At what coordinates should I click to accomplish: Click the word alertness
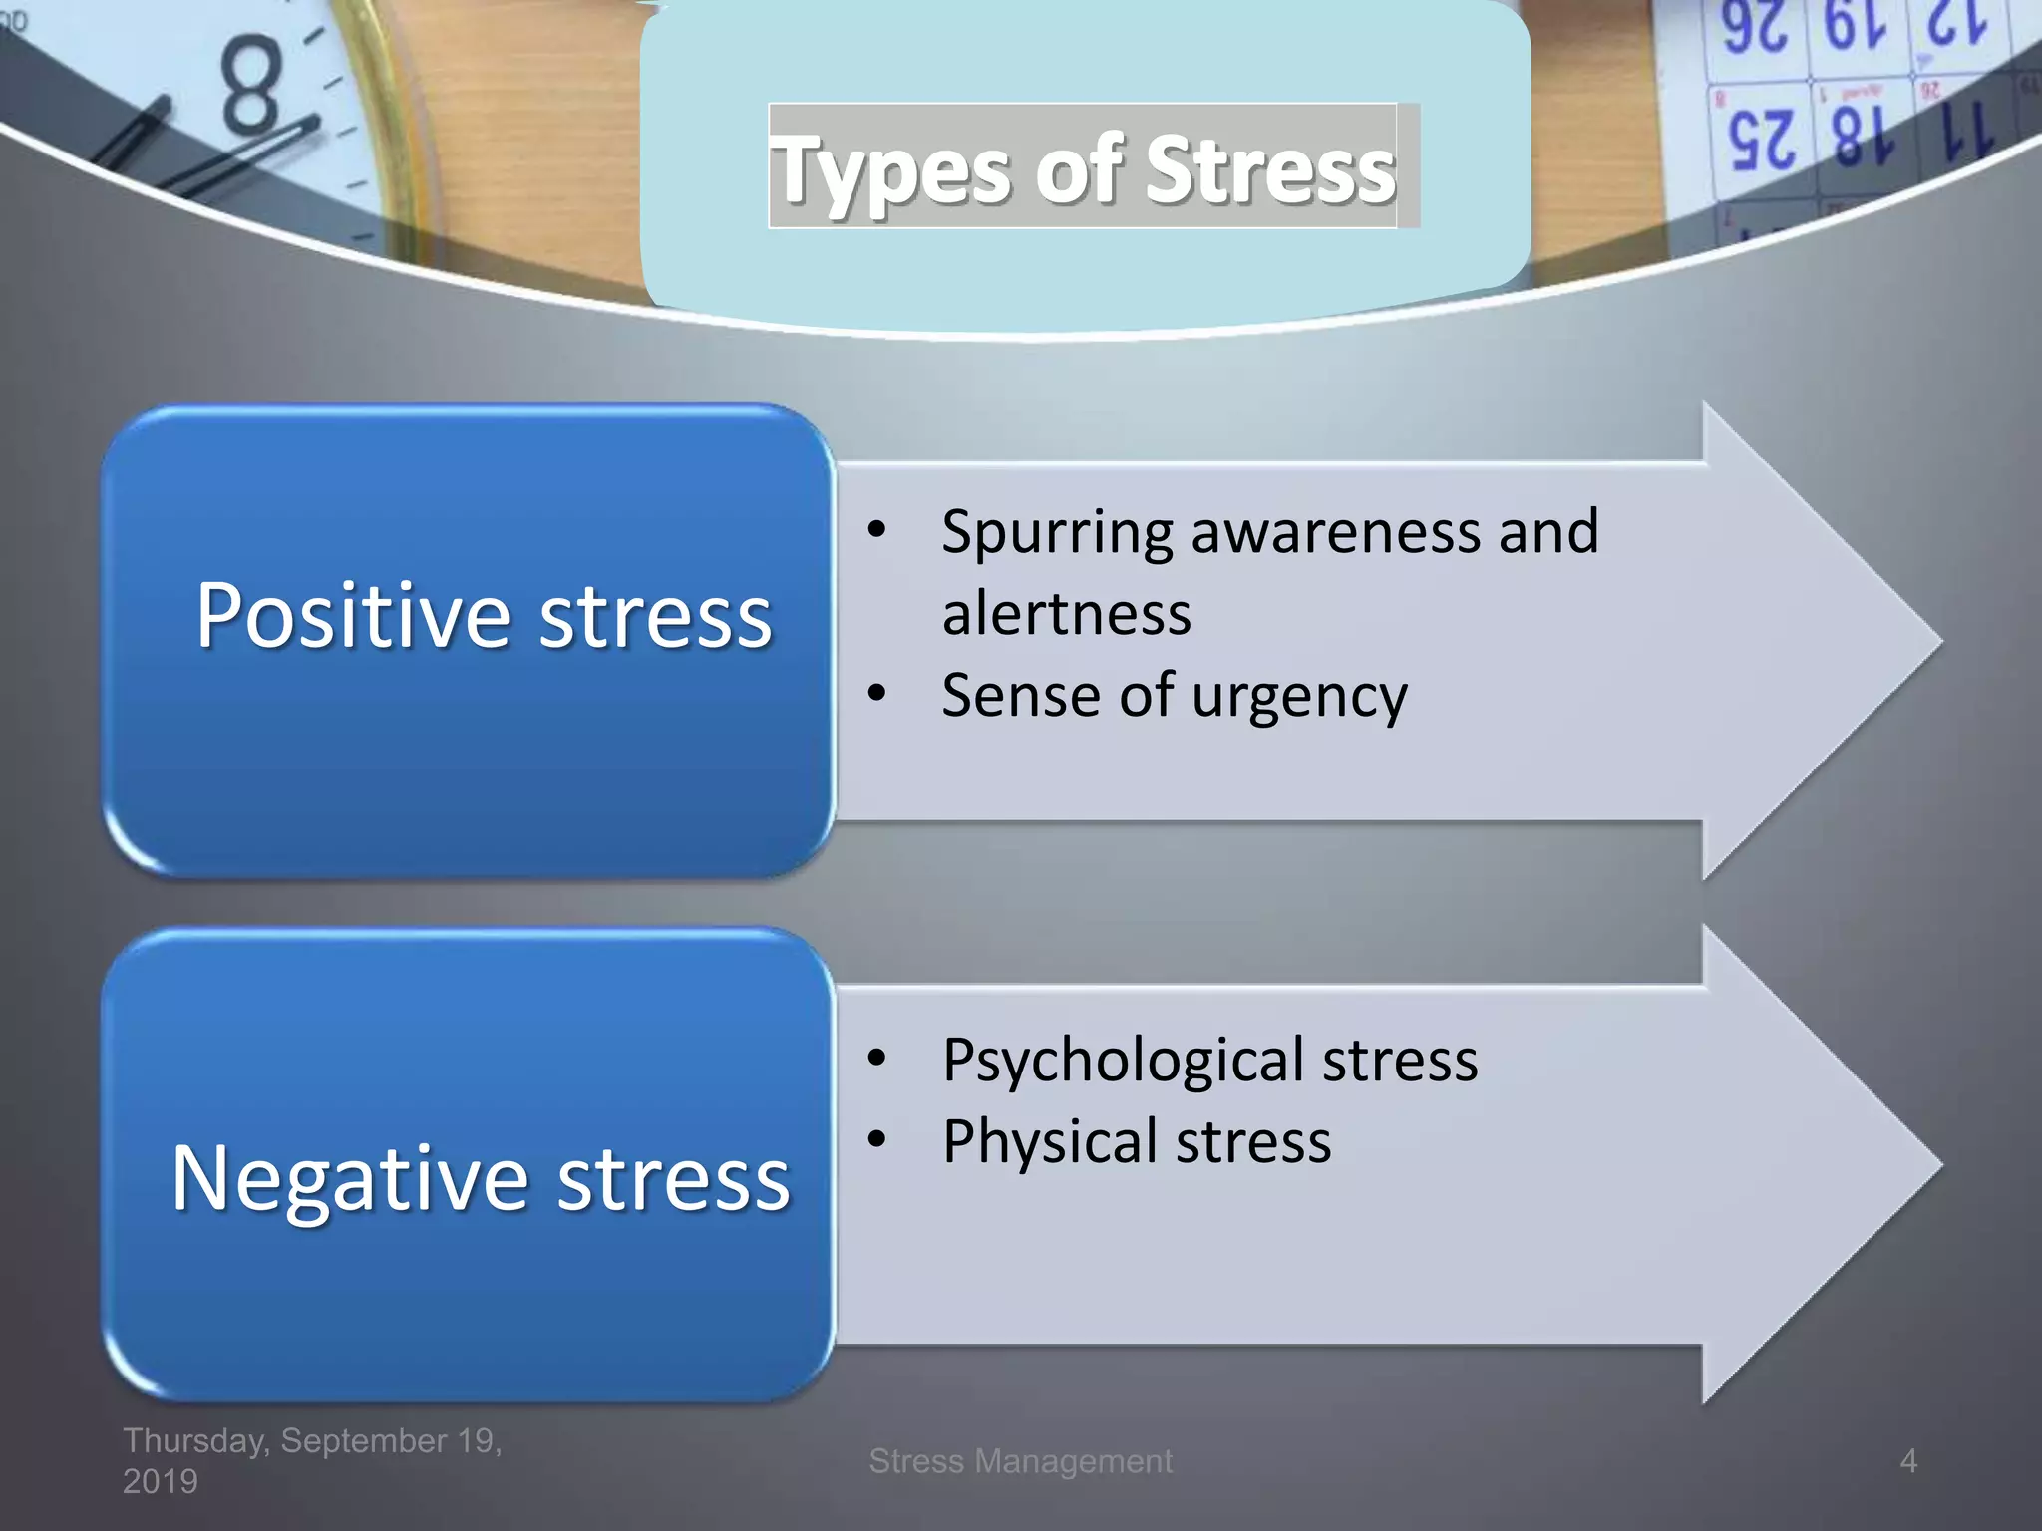1066,613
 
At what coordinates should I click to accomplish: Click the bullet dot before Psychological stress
876,1058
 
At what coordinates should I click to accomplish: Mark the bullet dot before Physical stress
876,1138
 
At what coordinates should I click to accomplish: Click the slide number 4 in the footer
1907,1461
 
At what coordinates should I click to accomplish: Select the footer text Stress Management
1020,1461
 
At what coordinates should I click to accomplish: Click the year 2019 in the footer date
160,1482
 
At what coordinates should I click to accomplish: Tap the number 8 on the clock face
249,87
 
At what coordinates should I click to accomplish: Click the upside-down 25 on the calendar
1762,141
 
